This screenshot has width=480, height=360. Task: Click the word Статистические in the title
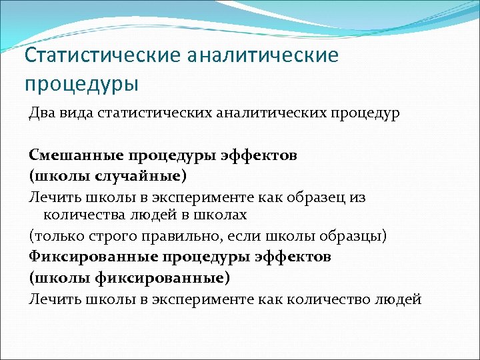pos(102,55)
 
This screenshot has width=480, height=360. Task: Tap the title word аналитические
pos(263,55)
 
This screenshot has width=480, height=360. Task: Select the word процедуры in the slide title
pos(82,85)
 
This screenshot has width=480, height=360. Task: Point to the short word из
pos(357,197)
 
